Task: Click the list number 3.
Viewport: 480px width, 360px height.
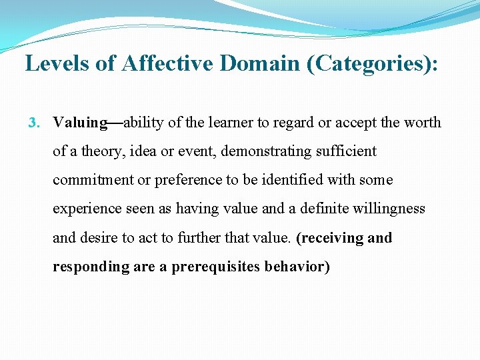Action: [35, 123]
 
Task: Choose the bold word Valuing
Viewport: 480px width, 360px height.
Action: [80, 123]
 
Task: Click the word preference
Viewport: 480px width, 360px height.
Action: [177, 180]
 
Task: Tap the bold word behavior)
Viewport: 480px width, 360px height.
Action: [297, 267]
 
